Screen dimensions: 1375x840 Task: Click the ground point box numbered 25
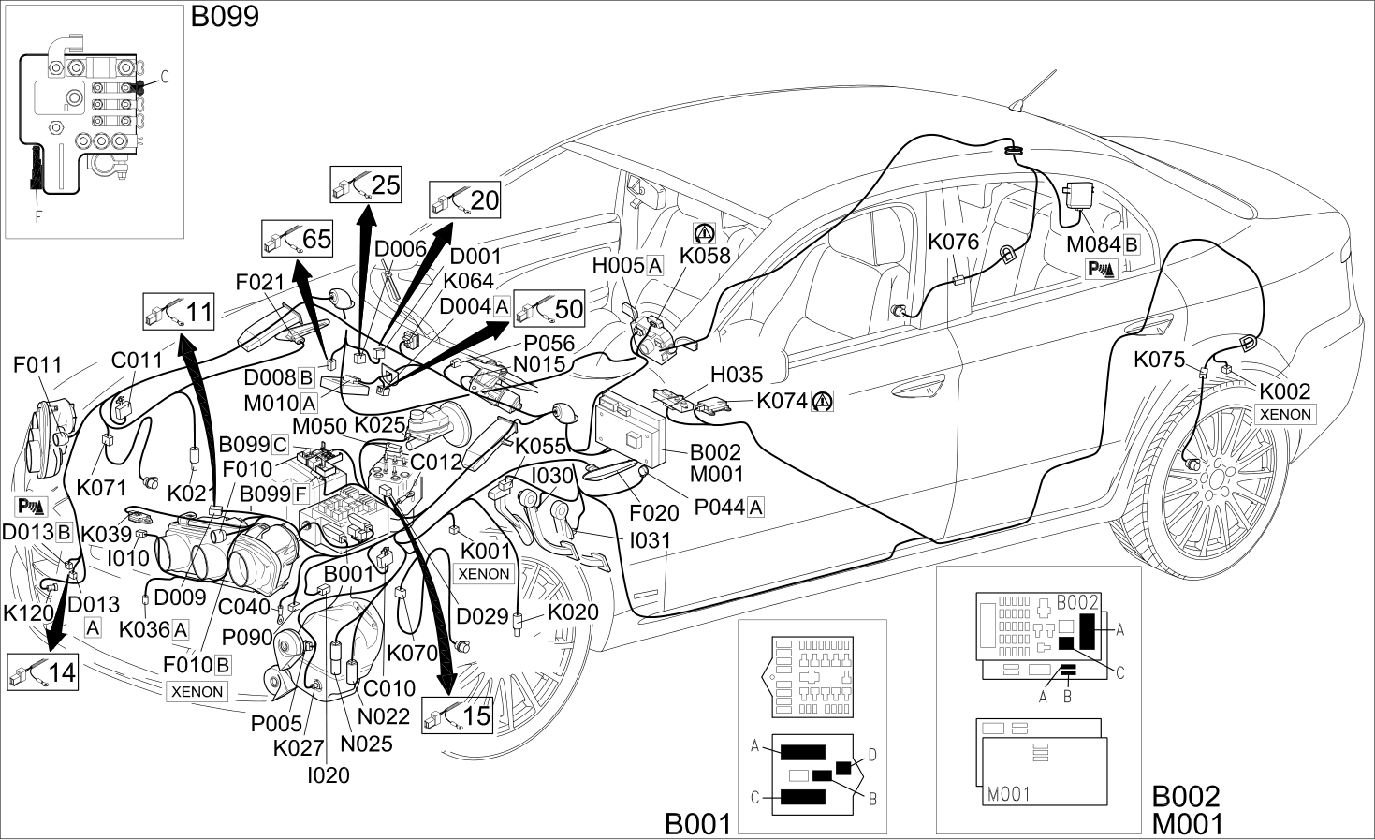366,184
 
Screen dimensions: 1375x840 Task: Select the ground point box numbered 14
43,671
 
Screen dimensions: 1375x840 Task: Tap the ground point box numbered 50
549,308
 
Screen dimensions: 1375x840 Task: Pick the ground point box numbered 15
458,715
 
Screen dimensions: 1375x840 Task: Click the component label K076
953,242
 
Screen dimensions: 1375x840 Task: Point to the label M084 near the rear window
1093,244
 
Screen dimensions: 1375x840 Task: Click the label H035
737,374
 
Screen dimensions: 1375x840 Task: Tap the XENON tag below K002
1285,415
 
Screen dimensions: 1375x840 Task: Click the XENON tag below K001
484,573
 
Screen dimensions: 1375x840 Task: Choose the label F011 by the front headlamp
37,364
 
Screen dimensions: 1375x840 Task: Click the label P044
720,508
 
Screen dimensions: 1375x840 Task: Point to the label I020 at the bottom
329,775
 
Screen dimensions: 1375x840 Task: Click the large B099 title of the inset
225,17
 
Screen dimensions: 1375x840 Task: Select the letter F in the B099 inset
38,216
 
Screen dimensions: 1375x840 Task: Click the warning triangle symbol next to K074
822,402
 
